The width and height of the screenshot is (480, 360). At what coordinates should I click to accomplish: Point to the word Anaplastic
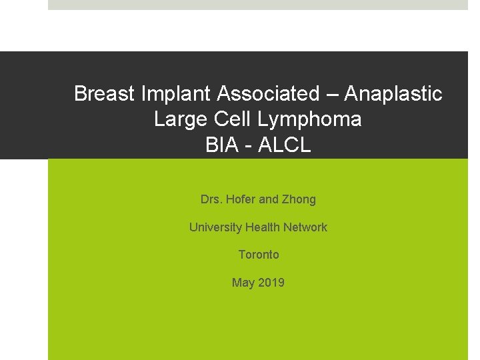click(402, 94)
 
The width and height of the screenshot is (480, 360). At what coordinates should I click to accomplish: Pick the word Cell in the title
click(228, 120)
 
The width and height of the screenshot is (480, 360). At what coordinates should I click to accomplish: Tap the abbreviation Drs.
click(211, 199)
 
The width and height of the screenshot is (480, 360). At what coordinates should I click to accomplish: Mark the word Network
click(305, 227)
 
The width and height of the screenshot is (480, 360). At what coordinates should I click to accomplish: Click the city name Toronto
click(259, 255)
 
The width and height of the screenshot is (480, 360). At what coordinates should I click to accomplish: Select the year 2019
click(271, 283)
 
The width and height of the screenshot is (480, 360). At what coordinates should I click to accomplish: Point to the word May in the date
click(243, 283)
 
